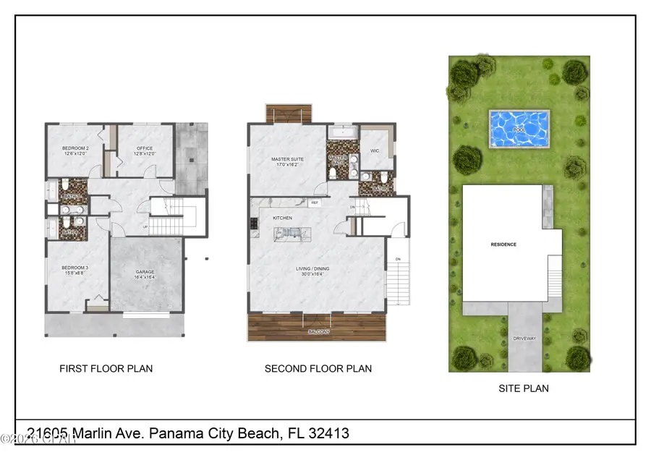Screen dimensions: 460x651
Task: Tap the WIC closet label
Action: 375,150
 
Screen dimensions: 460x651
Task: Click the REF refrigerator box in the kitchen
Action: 315,203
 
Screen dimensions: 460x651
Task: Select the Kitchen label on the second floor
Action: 282,218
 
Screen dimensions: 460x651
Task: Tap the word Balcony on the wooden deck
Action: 318,331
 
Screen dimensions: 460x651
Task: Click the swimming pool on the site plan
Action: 519,128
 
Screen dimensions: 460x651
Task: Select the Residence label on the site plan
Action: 503,244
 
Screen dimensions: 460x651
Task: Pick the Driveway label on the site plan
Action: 525,337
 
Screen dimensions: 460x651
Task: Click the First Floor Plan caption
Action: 106,369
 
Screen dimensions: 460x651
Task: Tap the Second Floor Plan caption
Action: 318,369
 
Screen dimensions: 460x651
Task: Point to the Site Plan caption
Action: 524,388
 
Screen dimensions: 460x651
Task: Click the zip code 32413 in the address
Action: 328,433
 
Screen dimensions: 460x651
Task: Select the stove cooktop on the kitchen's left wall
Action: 254,223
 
